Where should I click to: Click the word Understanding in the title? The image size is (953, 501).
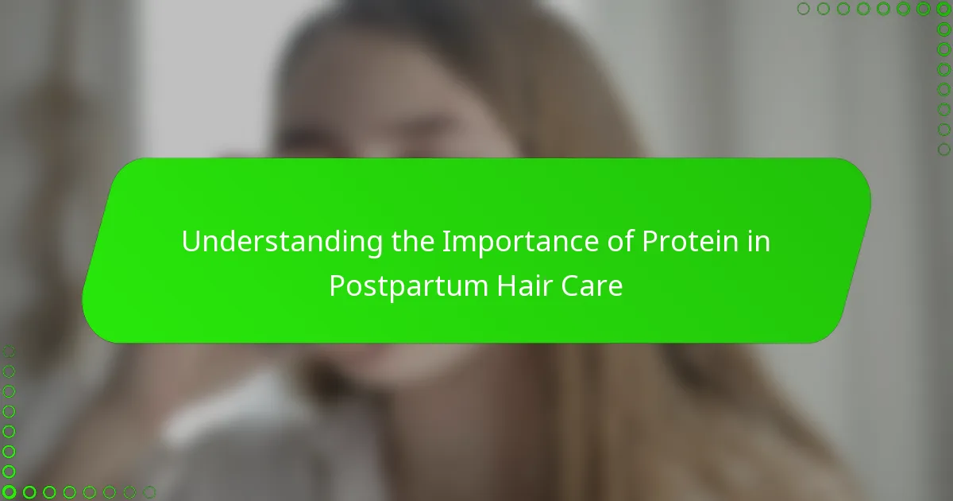point(282,242)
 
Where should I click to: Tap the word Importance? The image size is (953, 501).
point(520,242)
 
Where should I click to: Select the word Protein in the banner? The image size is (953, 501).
point(690,241)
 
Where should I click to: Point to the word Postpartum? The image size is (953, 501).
point(408,286)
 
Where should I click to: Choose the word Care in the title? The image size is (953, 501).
point(592,285)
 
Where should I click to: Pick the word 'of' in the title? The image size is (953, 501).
point(620,241)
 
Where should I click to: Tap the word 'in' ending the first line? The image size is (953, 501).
point(758,241)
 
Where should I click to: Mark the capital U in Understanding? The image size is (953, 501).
point(191,242)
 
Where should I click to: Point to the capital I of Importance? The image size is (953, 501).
point(446,242)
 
